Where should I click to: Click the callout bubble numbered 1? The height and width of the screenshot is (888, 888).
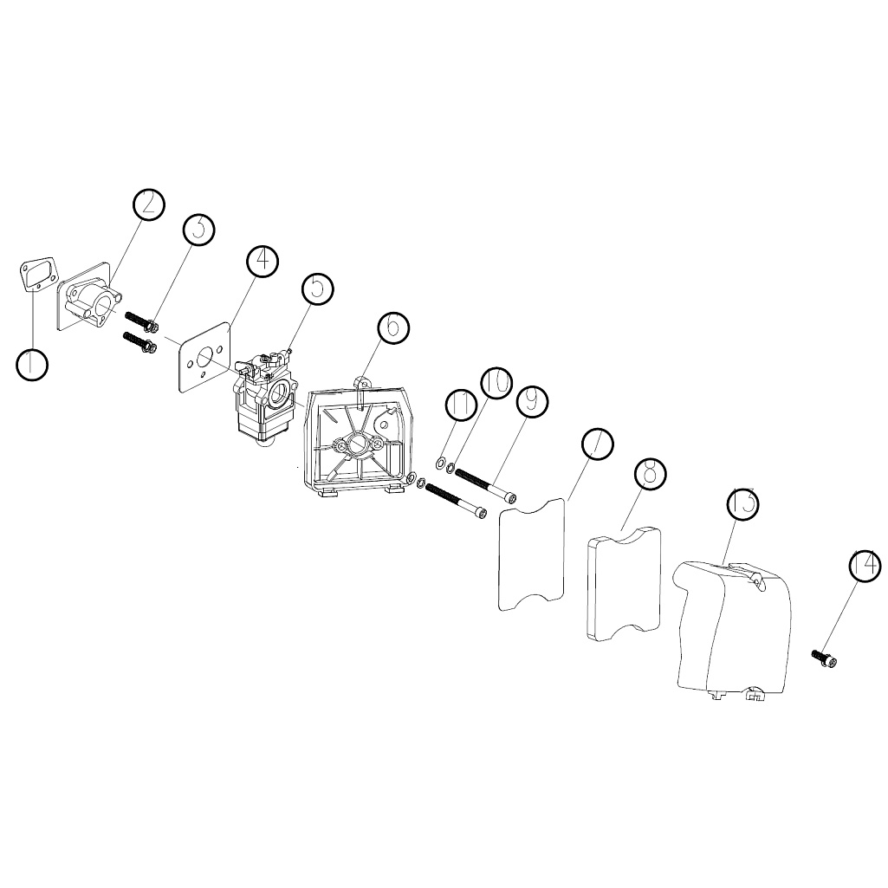tap(32, 364)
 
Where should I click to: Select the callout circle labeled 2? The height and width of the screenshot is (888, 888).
tap(148, 204)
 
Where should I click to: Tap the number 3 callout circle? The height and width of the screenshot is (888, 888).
tap(198, 230)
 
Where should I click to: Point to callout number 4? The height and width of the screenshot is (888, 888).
tap(263, 261)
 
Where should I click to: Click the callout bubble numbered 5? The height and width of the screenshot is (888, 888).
tap(318, 288)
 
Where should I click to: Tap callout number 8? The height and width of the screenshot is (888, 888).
tap(650, 472)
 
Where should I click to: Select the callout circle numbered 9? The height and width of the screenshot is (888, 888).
tap(532, 401)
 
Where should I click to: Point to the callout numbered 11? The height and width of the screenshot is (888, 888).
tap(461, 405)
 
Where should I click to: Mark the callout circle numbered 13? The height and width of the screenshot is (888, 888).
tap(742, 502)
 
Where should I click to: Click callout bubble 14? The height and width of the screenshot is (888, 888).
tap(865, 566)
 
